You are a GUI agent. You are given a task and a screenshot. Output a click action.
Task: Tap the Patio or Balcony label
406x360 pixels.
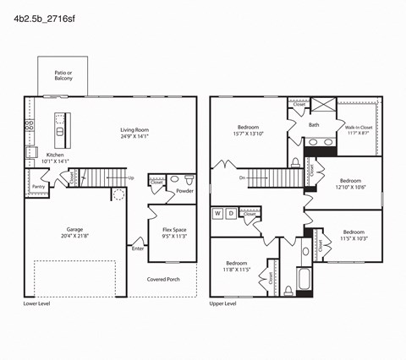[x=63, y=76]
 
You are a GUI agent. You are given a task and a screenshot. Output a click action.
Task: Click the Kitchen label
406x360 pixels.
[x=54, y=155]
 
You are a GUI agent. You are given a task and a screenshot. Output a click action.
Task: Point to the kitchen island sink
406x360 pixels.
[x=60, y=131]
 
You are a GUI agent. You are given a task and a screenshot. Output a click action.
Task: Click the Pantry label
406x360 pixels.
[x=38, y=187]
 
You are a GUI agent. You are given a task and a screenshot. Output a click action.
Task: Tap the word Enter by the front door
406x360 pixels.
[x=137, y=248]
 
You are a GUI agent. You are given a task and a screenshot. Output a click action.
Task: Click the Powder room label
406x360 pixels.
[x=185, y=191]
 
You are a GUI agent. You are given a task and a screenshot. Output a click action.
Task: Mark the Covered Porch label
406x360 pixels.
[x=162, y=279]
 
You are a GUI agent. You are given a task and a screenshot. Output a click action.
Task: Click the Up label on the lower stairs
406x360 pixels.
[x=130, y=178]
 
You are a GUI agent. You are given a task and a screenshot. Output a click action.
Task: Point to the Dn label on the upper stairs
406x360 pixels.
[x=242, y=178]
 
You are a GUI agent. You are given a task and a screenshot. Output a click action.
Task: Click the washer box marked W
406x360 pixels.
[x=217, y=214]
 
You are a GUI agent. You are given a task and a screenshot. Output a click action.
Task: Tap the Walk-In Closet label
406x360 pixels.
[x=359, y=128]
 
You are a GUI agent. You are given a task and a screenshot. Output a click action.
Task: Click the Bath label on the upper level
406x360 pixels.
[x=313, y=125]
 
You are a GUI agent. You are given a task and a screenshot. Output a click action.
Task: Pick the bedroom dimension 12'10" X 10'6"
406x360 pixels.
[x=351, y=188]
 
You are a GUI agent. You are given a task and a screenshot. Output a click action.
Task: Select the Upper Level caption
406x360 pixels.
[x=222, y=303]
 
